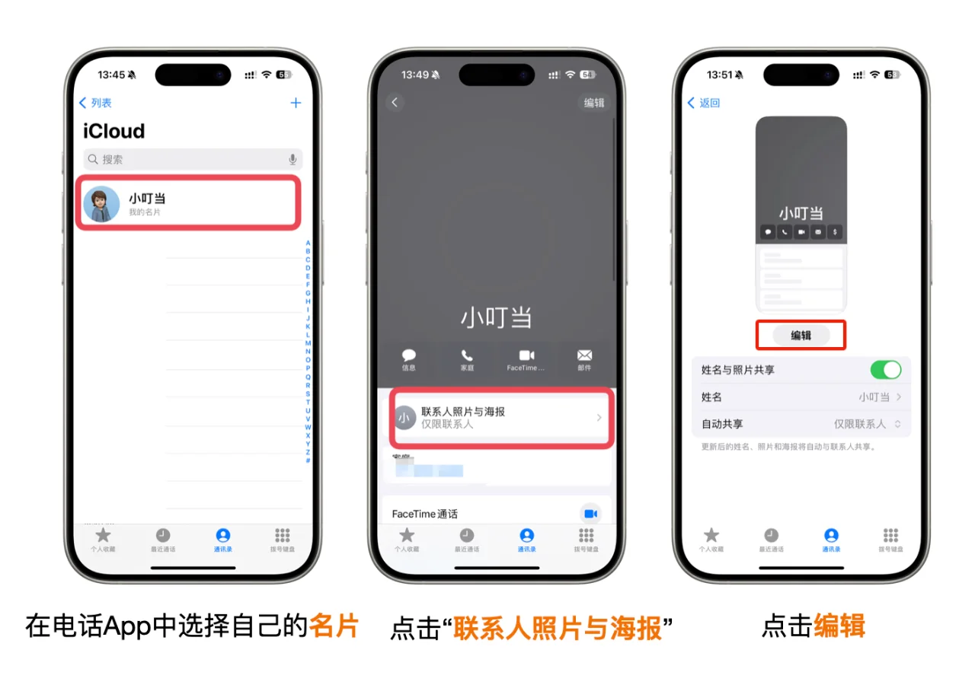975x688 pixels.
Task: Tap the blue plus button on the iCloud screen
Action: click(x=296, y=103)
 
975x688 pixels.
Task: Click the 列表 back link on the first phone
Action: click(x=95, y=103)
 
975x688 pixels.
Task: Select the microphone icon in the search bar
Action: click(x=292, y=159)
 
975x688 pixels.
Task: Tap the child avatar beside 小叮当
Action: click(x=101, y=204)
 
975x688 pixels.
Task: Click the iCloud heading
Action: click(x=113, y=131)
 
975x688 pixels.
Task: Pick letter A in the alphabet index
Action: click(x=308, y=243)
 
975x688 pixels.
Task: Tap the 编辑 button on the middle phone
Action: click(x=593, y=103)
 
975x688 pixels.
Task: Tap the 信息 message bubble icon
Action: click(x=409, y=356)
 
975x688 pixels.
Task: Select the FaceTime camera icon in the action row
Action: click(x=526, y=356)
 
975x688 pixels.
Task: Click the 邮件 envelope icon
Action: click(x=584, y=356)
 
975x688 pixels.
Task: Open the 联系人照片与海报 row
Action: click(x=500, y=417)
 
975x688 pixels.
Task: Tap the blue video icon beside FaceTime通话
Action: click(x=590, y=514)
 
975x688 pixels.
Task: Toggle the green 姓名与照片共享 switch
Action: click(x=885, y=370)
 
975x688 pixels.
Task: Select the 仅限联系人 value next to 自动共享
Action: click(x=861, y=424)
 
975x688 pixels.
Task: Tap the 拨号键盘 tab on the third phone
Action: click(x=890, y=539)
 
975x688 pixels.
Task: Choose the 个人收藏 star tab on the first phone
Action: click(x=103, y=539)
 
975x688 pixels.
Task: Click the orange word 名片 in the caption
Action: click(x=334, y=626)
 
